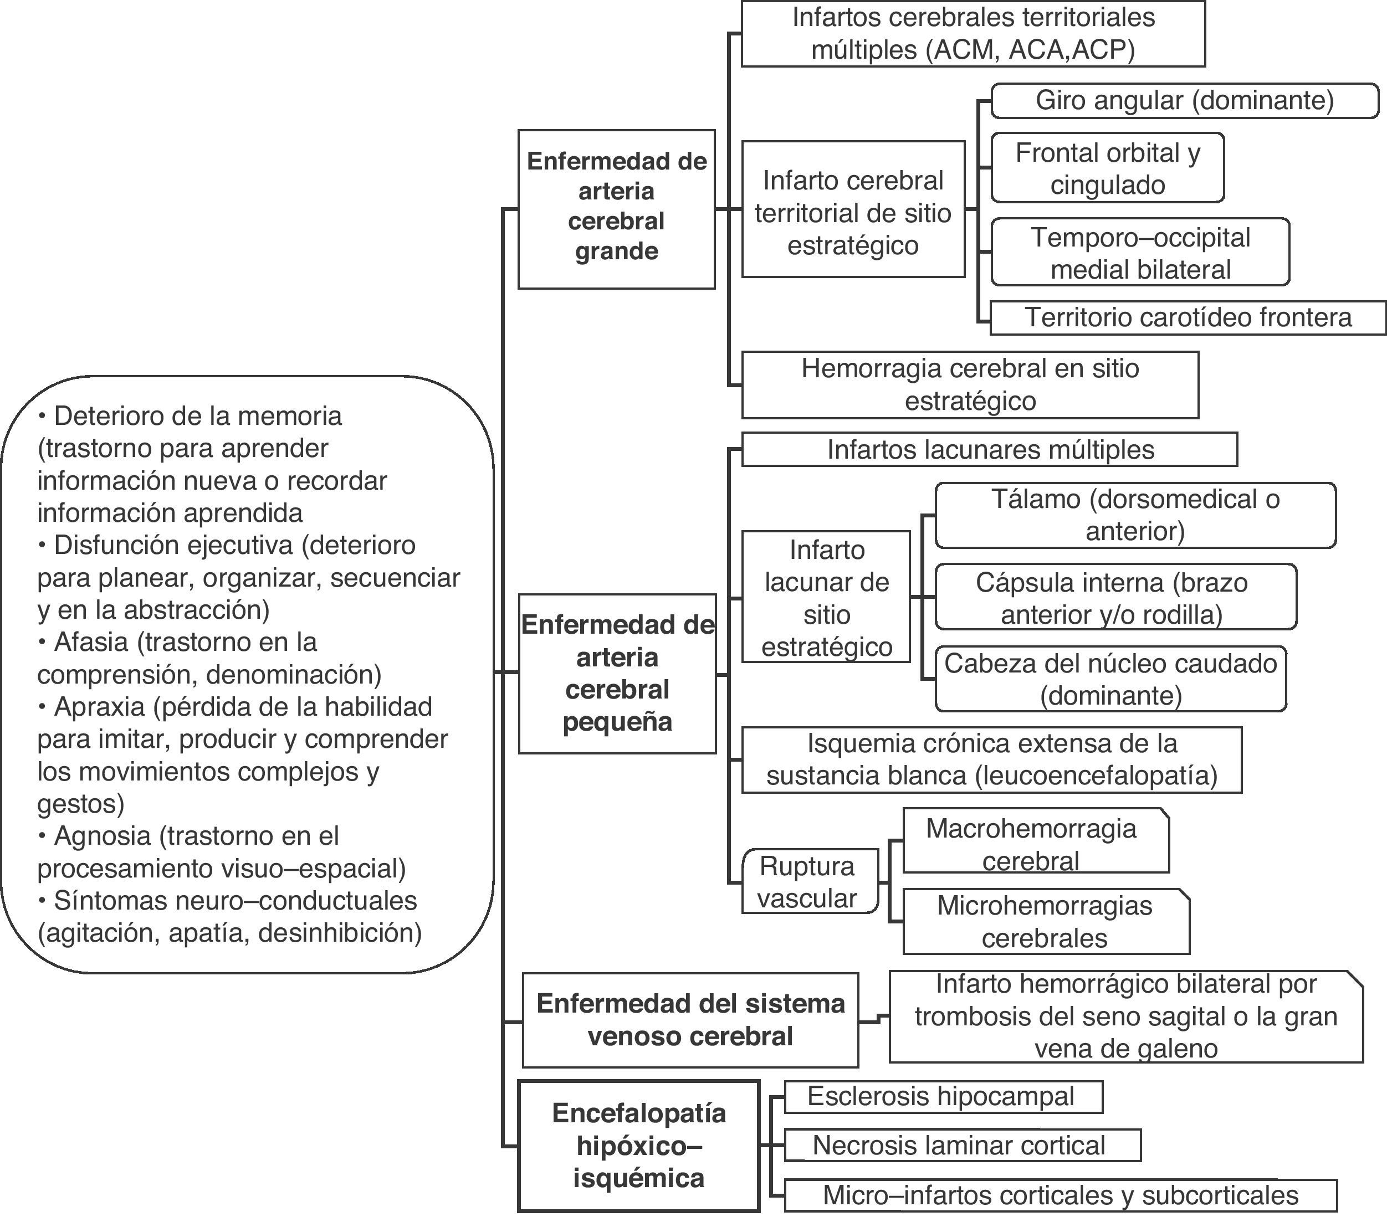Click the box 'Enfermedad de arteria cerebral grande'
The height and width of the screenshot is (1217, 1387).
click(616, 209)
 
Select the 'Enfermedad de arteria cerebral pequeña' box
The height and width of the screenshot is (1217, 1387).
click(617, 673)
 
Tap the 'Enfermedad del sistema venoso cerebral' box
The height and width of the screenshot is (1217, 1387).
click(690, 1020)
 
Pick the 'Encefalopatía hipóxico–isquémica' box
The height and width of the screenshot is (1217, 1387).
click(638, 1146)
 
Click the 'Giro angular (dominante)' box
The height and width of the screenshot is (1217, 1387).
click(1184, 100)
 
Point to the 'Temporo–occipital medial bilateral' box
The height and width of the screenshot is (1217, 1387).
click(1140, 253)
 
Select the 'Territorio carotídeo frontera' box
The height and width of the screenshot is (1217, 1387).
click(1188, 317)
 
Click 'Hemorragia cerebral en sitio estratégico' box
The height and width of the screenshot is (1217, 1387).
click(970, 384)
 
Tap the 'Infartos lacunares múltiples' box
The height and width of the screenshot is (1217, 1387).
click(989, 450)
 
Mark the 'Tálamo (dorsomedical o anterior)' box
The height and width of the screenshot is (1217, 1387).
click(1134, 515)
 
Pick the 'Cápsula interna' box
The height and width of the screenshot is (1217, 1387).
click(1115, 598)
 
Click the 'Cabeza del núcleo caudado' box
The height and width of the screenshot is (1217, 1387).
click(1110, 679)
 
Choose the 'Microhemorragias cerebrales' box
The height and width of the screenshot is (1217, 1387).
click(1045, 921)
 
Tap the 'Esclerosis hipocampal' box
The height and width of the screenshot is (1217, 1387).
click(943, 1096)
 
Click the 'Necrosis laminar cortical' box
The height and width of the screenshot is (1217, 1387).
click(961, 1146)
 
